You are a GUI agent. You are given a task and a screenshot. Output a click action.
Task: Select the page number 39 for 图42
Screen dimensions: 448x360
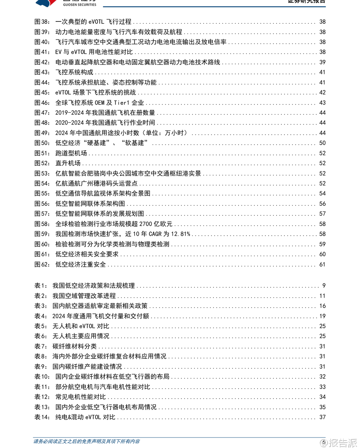322,62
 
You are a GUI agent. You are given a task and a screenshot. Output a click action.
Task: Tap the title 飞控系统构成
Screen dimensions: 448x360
74,72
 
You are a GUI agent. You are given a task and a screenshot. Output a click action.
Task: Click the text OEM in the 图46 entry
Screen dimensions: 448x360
99,102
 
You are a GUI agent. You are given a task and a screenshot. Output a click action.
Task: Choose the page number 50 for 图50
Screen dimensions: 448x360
322,143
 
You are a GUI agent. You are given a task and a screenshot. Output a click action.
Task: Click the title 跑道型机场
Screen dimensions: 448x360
71,153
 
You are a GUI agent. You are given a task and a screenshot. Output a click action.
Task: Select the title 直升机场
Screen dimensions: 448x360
68,163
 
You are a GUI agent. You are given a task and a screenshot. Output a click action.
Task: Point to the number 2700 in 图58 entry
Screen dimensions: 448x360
145,224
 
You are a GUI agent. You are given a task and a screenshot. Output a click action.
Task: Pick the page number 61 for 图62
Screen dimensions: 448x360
322,264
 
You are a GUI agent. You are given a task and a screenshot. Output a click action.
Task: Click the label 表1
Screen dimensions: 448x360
41,286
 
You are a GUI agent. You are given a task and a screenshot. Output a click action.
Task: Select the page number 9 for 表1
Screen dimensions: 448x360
324,286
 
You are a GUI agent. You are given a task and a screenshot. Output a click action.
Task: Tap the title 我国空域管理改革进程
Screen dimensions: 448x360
84,296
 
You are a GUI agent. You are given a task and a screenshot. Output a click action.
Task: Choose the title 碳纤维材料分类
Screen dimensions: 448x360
74,347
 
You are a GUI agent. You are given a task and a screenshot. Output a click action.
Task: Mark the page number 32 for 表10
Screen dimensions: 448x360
322,377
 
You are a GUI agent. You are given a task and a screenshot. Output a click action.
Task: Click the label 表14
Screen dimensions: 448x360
42,417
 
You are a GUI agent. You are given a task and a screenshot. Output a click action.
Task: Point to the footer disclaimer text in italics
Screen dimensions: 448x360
87,442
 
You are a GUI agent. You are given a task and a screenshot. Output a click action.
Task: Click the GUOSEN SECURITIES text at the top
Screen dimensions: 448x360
79,4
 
